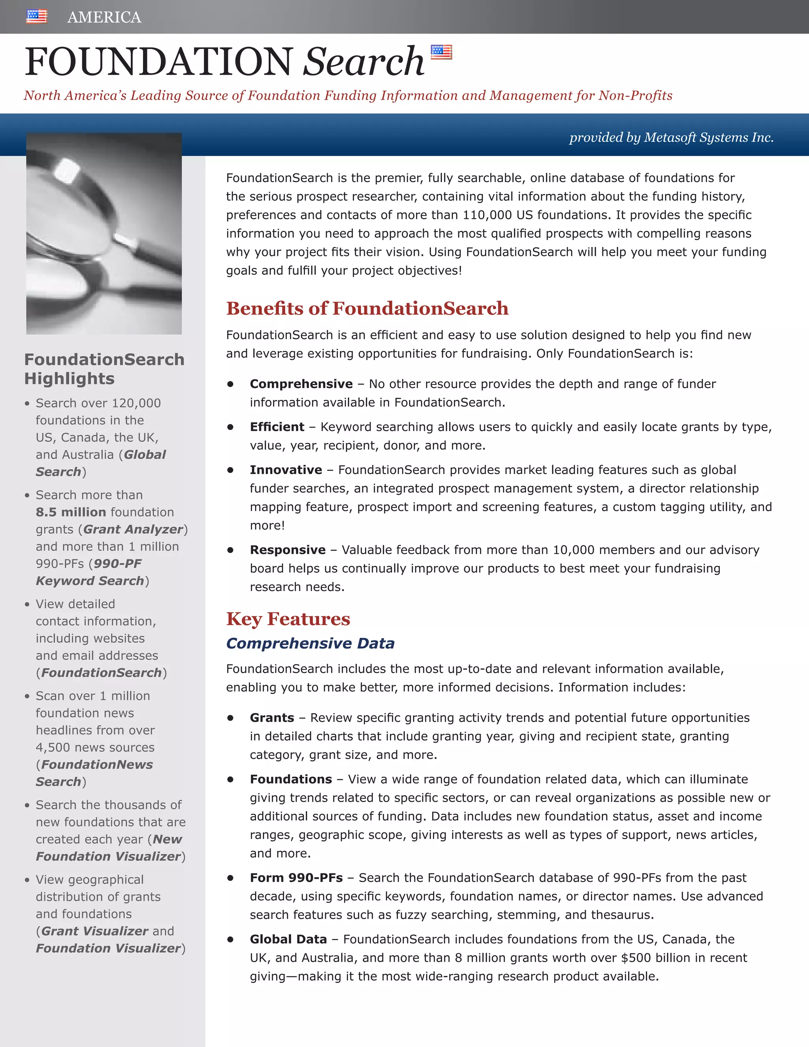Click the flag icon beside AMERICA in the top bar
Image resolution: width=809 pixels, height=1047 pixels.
[37, 16]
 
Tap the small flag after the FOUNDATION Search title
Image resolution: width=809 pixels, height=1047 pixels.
[441, 52]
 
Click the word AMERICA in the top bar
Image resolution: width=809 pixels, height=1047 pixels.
[104, 17]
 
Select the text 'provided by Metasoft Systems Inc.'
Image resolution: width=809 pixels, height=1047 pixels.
[671, 137]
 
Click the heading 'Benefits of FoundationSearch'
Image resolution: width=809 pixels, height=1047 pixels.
[367, 308]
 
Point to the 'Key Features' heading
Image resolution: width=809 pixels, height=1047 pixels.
[288, 619]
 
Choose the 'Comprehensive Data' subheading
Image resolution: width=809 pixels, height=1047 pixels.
[310, 643]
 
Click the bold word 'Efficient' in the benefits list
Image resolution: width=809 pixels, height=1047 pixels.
[277, 427]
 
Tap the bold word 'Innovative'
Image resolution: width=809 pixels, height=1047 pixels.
[286, 470]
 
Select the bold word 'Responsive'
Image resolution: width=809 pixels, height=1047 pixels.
[288, 550]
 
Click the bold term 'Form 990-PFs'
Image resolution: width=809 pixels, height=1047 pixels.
[296, 878]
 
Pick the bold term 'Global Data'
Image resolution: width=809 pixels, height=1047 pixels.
[288, 939]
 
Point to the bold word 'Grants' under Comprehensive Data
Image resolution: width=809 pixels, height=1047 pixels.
[272, 717]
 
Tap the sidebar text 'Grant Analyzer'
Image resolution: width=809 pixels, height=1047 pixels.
[133, 529]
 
